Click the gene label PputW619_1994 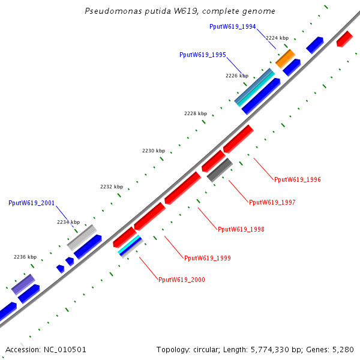point(233,27)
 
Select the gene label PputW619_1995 point(203,55)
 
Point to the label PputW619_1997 point(272,203)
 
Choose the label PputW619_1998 point(241,230)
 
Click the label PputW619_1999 point(208,258)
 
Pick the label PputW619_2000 point(181,280)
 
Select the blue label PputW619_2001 point(32,203)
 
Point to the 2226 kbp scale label point(237,76)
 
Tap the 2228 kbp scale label point(196,113)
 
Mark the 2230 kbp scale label point(153,151)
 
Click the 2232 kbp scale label point(111,187)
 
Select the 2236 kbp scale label point(25,257)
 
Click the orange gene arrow point(286,59)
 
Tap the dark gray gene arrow point(220,170)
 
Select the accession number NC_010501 point(64,349)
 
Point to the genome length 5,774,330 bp point(274,349)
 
